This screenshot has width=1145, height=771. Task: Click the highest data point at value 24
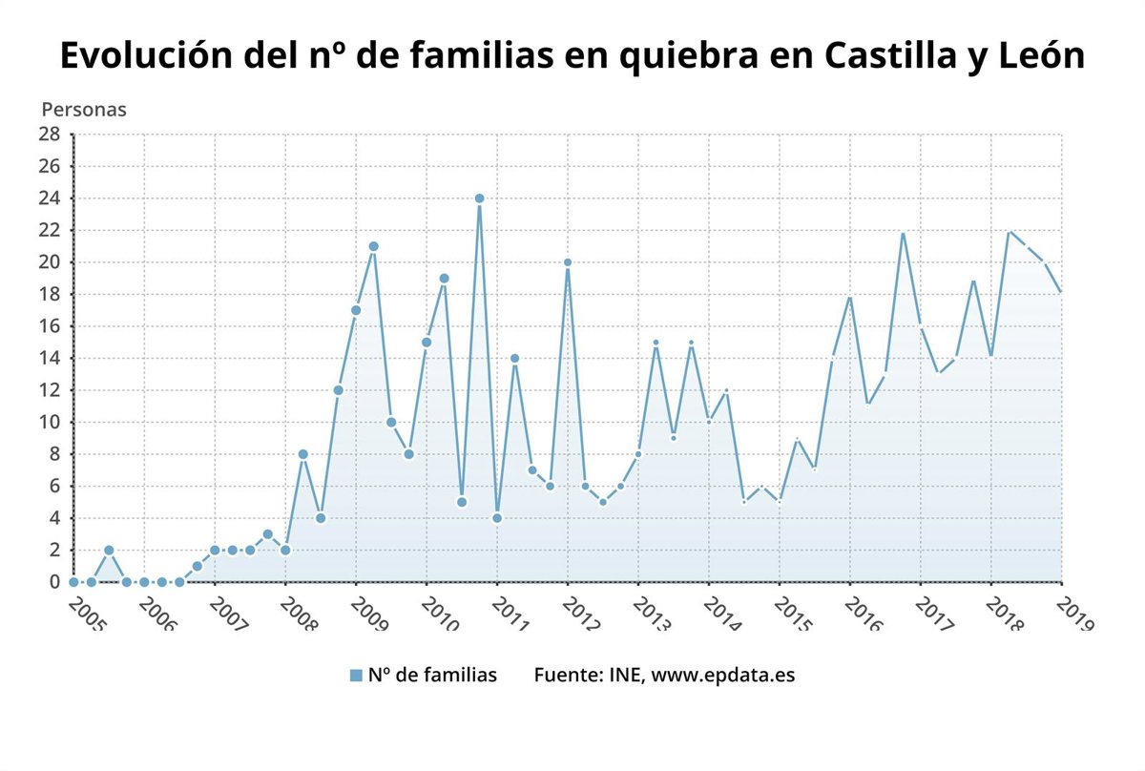pos(479,198)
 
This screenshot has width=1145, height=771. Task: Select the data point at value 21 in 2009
pos(373,246)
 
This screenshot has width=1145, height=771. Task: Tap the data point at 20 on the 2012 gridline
pos(568,262)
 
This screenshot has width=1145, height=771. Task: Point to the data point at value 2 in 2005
pos(109,550)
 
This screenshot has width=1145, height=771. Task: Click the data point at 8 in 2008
pos(302,454)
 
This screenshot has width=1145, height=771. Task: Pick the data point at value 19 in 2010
pos(444,279)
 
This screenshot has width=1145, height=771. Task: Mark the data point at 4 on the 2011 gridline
pos(497,518)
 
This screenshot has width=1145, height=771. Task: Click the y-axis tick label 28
pos(49,135)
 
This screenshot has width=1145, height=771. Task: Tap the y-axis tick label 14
pos(49,358)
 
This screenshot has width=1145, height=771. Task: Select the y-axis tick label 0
pos(54,582)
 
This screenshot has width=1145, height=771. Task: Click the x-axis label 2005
pos(88,613)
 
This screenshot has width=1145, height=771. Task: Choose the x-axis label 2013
pos(653,613)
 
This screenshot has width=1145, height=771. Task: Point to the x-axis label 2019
pos(1076,613)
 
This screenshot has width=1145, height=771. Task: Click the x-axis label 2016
pos(864,613)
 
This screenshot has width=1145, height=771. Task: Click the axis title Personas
pos(84,109)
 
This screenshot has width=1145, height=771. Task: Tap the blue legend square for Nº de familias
pos(356,676)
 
